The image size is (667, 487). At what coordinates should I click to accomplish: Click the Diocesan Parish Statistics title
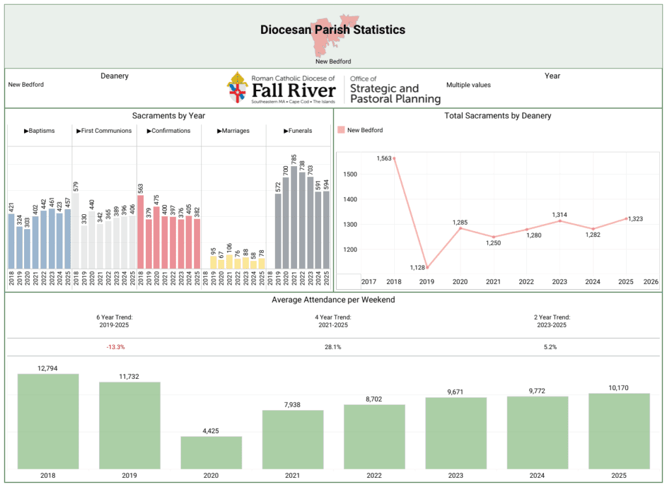[x=332, y=30]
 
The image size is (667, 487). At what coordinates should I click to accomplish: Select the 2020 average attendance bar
[x=211, y=452]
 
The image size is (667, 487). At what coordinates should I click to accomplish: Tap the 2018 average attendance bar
[x=48, y=421]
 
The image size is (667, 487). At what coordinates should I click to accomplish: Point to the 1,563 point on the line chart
[x=394, y=158]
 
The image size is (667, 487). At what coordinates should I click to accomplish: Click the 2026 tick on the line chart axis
[x=650, y=281]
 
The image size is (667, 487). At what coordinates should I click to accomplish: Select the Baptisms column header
[x=39, y=131]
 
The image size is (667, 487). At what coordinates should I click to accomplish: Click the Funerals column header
[x=298, y=131]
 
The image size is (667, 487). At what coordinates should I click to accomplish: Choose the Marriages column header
[x=234, y=131]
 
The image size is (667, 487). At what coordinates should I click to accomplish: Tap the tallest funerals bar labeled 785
[x=294, y=217]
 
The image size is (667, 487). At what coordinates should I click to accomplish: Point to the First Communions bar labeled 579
[x=76, y=230]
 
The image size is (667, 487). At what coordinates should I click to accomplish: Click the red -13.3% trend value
[x=115, y=347]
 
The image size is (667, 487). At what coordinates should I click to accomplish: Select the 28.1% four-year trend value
[x=333, y=347]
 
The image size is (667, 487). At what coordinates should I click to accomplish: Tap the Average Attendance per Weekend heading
[x=333, y=300]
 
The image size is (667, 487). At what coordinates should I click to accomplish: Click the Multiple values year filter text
[x=468, y=85]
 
